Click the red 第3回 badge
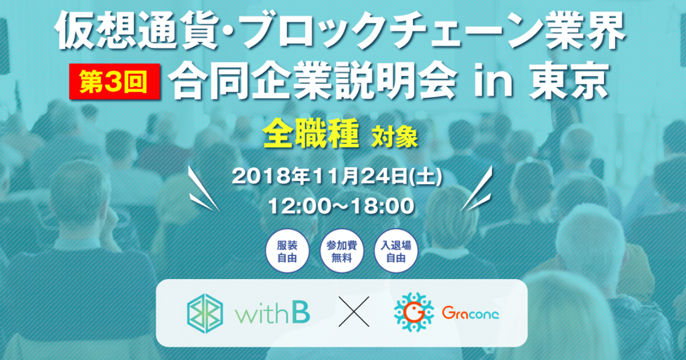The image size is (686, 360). tap(114, 81)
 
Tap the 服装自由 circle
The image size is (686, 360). tap(287, 251)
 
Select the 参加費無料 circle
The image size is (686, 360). tap(341, 251)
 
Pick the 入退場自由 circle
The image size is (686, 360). tap(396, 251)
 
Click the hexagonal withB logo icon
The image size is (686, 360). tap(205, 313)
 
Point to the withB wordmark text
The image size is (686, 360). tap(272, 314)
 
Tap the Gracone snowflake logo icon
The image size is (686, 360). tap(414, 312)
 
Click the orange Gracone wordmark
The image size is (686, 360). tap(470, 313)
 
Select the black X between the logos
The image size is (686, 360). tap(354, 311)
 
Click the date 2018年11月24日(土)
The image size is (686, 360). tap(337, 177)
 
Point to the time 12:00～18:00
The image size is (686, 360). tap(341, 206)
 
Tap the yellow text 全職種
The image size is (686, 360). tap(310, 134)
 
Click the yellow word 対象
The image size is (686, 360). tap(394, 137)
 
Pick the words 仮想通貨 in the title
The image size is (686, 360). tap(137, 31)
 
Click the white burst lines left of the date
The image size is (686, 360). tap(204, 189)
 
